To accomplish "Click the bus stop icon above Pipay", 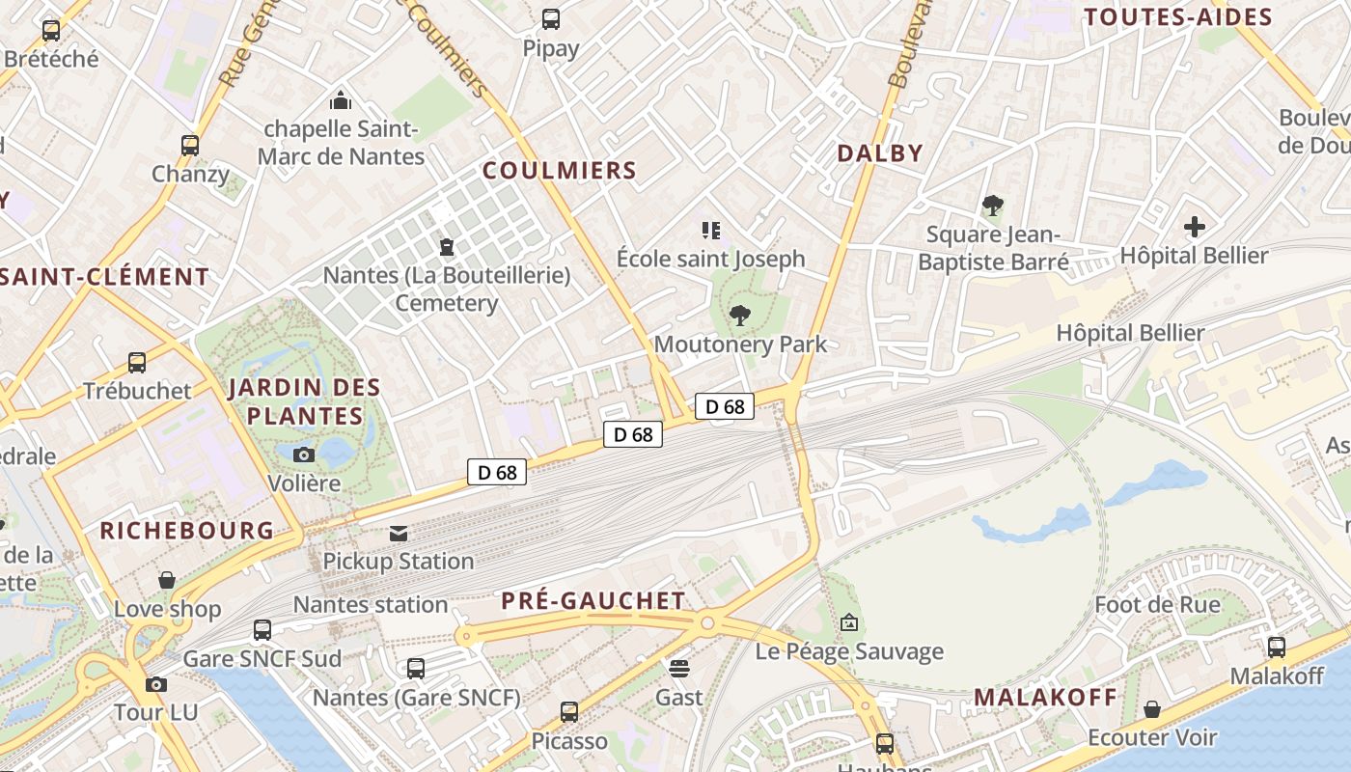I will [551, 18].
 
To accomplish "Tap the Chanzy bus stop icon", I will [190, 146].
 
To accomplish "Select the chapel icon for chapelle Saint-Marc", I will [341, 99].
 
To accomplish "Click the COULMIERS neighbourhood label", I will [560, 171].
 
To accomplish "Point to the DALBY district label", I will [880, 152].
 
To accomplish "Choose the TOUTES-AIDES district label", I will [1178, 16].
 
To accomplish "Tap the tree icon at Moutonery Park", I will [740, 315].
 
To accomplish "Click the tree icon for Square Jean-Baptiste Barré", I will [992, 206].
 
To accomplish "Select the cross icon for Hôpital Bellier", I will [1195, 227].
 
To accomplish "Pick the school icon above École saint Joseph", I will [711, 230].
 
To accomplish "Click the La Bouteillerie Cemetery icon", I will [447, 247].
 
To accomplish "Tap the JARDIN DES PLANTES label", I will [305, 401].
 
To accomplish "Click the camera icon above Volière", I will [304, 455].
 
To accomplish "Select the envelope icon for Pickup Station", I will [399, 533].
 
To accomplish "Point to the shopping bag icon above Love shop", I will [167, 580].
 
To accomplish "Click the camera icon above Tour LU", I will [155, 684].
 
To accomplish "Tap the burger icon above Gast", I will [679, 668].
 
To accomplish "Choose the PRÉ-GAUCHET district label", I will [593, 600].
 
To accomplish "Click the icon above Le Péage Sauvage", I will [849, 622].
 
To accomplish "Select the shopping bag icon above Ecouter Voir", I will [1152, 709].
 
